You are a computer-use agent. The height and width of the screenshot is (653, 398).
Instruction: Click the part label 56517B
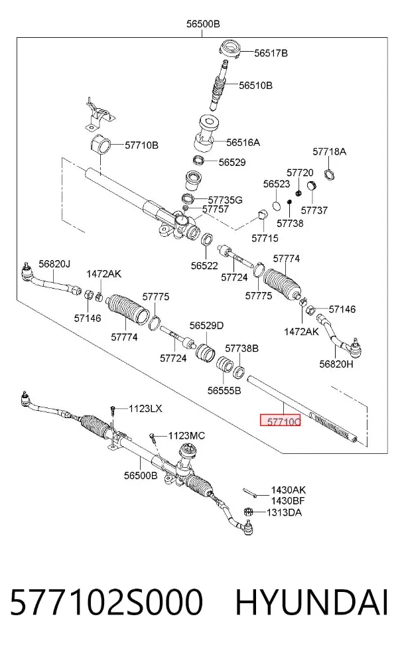click(x=271, y=53)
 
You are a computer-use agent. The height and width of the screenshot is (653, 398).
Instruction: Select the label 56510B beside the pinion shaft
click(x=255, y=86)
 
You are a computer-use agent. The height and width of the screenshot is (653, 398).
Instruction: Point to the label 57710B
click(x=141, y=145)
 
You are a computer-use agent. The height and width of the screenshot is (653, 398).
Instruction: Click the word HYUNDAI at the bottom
click(x=312, y=602)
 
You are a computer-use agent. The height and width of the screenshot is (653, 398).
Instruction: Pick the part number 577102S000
click(x=106, y=602)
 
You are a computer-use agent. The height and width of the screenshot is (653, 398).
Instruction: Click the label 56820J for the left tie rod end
click(x=54, y=263)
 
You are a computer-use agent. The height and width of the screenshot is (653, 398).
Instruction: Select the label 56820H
click(x=336, y=364)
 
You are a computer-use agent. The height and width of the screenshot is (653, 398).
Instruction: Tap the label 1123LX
click(x=145, y=409)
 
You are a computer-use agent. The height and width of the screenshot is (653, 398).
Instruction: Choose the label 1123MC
click(x=186, y=435)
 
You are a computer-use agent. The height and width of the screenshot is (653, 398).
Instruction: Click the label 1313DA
click(x=284, y=512)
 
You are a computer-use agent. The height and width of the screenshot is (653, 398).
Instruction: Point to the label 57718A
click(x=329, y=151)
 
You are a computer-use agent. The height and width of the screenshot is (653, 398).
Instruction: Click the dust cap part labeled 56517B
click(x=230, y=50)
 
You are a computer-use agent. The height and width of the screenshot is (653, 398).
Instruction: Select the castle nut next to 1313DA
click(x=248, y=512)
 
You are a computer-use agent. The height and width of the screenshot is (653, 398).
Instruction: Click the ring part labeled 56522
click(x=207, y=240)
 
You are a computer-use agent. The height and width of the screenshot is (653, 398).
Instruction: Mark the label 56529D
click(x=206, y=325)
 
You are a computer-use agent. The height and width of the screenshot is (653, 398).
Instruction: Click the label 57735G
click(x=226, y=200)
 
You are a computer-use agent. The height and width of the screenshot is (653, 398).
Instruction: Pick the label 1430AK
click(x=288, y=490)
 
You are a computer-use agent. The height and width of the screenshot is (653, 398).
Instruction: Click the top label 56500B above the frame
click(x=203, y=24)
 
